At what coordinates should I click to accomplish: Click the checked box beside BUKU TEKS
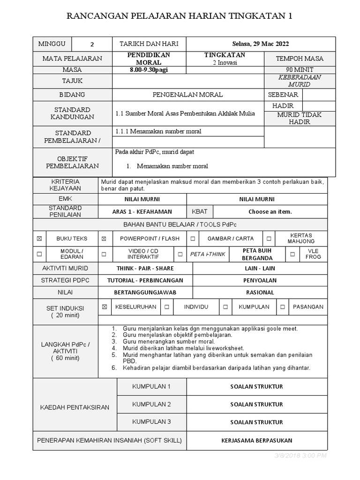click(x=39, y=239)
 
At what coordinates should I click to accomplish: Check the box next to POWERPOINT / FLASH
click(x=104, y=239)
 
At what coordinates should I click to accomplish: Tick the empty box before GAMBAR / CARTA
click(x=193, y=239)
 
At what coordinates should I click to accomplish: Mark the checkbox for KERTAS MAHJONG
click(x=269, y=239)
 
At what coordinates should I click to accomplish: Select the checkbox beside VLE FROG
click(x=292, y=254)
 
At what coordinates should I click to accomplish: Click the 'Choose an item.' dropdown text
click(x=270, y=211)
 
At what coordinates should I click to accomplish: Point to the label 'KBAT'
click(x=200, y=211)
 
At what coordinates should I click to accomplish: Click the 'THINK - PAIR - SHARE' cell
click(x=145, y=269)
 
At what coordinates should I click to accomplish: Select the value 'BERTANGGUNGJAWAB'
click(x=145, y=292)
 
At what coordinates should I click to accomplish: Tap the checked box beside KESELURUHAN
click(x=104, y=307)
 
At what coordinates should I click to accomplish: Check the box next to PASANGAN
click(x=283, y=307)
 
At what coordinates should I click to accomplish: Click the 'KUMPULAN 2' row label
click(x=151, y=404)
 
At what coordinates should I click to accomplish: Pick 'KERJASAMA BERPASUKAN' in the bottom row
click(x=256, y=441)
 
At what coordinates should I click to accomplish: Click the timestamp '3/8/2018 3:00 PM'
click(x=300, y=456)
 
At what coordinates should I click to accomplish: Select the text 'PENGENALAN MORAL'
click(x=188, y=95)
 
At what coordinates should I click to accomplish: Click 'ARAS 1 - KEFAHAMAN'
click(x=142, y=211)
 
